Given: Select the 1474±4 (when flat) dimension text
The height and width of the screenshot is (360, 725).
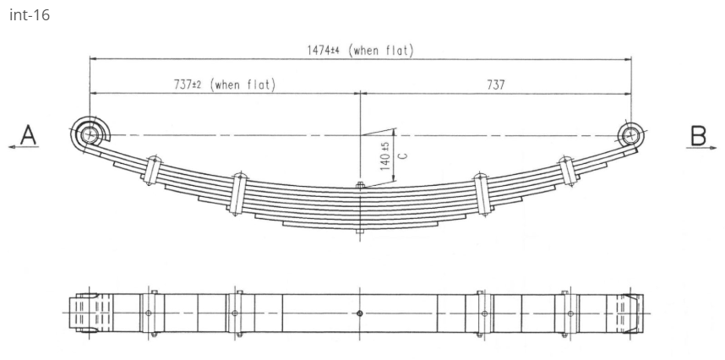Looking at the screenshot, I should (360, 50).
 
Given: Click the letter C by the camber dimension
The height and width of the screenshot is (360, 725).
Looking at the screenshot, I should (402, 155).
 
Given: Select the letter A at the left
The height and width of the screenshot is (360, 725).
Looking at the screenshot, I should (29, 134).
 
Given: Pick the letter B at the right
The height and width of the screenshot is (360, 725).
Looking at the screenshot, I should (699, 134).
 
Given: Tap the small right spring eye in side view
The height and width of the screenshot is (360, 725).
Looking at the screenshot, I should (630, 134).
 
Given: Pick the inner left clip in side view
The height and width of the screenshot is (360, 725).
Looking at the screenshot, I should (237, 194).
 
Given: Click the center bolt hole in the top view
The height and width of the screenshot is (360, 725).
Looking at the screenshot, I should (361, 313).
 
